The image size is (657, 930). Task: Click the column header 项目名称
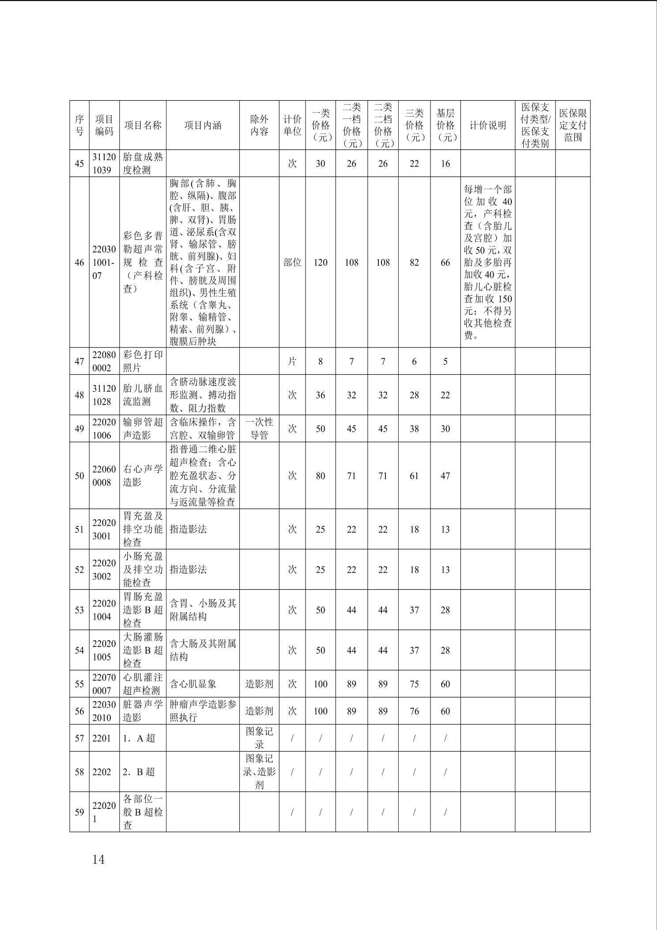[143, 126]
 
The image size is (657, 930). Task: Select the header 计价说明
[487, 126]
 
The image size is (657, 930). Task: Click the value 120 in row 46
[321, 263]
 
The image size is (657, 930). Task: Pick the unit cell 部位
[292, 263]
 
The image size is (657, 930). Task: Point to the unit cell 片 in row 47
[292, 362]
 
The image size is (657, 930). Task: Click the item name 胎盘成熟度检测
[143, 164]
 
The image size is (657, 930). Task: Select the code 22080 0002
[104, 362]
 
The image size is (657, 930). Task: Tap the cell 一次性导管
[259, 429]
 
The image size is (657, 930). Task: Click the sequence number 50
[79, 476]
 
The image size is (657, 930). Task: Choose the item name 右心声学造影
[143, 476]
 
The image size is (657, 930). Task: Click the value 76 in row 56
[414, 711]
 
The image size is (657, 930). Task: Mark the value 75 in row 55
[414, 684]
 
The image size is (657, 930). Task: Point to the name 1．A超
[139, 738]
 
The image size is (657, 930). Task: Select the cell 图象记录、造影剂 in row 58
[259, 772]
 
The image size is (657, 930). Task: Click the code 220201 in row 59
[104, 812]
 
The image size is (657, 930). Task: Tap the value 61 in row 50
[414, 476]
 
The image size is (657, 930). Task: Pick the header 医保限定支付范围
[573, 126]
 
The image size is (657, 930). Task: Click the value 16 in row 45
[445, 164]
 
